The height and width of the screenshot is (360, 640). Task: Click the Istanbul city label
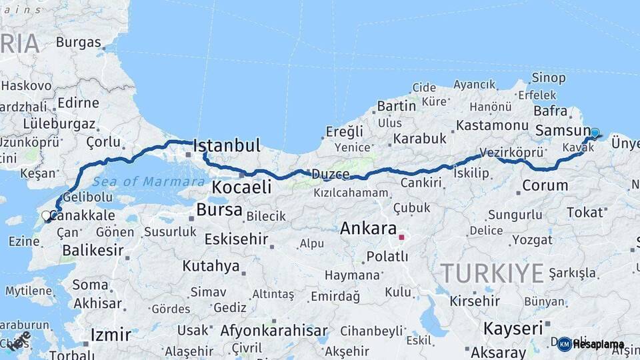point(226,145)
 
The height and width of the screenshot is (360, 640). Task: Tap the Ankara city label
point(368,228)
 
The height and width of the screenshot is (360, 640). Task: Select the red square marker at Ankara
point(401,237)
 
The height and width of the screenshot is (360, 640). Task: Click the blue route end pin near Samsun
point(595,133)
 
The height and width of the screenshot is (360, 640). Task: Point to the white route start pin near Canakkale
point(46,216)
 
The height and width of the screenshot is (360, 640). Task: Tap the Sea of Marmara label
point(149,181)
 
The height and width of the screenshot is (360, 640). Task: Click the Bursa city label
point(219,210)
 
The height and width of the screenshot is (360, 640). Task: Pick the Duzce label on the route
point(330,175)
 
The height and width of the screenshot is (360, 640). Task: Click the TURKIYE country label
point(492,273)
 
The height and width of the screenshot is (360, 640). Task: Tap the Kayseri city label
point(513,328)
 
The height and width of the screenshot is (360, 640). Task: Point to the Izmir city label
point(110,333)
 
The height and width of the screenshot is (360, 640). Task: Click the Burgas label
point(78,42)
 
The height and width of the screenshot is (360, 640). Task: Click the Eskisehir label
point(236,239)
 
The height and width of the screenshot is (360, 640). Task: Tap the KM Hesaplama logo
point(591,344)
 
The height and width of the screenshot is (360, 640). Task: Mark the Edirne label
point(78,103)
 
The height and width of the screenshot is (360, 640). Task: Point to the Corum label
point(545,185)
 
